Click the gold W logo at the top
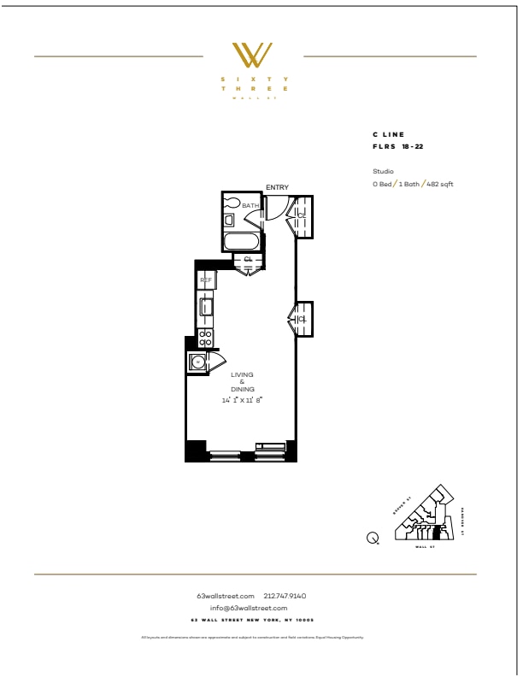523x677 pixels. [x=254, y=56]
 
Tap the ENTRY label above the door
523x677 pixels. [x=277, y=187]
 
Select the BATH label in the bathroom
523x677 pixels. [x=250, y=206]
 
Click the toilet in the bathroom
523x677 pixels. [x=231, y=203]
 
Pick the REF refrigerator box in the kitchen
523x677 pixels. [x=206, y=280]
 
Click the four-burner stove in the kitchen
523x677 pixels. [x=205, y=337]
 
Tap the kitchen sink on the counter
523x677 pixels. [x=206, y=305]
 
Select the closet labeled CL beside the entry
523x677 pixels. [x=303, y=215]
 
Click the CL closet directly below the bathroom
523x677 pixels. [x=248, y=259]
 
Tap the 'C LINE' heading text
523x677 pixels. [x=388, y=135]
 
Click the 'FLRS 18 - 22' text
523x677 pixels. [x=397, y=147]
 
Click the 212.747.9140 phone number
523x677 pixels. [x=286, y=595]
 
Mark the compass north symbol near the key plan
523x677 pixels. [x=373, y=538]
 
